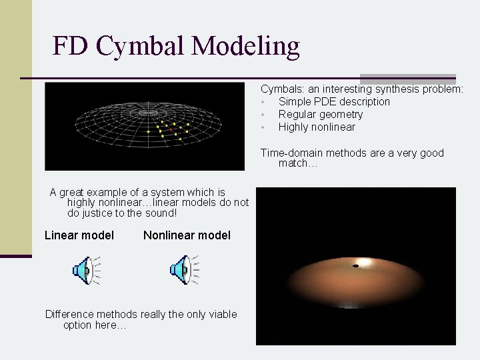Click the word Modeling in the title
245,46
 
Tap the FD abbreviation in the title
71,46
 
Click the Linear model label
79,235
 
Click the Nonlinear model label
187,235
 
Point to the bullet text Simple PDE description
334,101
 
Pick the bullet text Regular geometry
321,114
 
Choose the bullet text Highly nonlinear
317,127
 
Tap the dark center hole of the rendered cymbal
355,266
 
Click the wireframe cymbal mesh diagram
144,125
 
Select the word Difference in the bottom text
69,314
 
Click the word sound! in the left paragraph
162,213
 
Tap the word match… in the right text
293,163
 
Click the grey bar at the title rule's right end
407,78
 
